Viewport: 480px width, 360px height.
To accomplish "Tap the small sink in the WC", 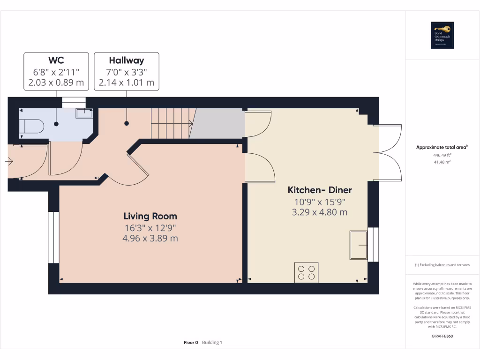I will pos(84,112).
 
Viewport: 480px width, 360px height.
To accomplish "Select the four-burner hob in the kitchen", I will pos(306,272).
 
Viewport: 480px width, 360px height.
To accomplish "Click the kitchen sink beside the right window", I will pos(359,245).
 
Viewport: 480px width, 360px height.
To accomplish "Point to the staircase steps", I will pos(172,123).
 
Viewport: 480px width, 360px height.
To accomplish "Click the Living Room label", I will pos(150,216).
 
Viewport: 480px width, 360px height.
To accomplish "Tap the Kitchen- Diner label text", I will pos(319,190).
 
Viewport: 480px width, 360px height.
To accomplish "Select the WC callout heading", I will pos(56,60).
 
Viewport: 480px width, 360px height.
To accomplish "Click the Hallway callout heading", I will pos(126,60).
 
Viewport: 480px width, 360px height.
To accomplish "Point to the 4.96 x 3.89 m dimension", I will pos(150,239).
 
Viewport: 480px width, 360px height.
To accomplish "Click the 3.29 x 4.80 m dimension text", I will pos(319,212).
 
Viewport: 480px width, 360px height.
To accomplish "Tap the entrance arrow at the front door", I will pos(9,162).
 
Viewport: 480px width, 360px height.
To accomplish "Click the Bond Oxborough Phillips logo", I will pos(442,35).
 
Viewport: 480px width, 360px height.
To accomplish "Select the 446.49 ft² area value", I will pos(442,155).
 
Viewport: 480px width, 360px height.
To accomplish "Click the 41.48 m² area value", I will pos(442,162).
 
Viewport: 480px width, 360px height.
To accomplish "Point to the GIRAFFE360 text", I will pos(442,336).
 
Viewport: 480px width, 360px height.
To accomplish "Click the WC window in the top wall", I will pos(74,102).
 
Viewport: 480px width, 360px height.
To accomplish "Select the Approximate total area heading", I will pos(442,148).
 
